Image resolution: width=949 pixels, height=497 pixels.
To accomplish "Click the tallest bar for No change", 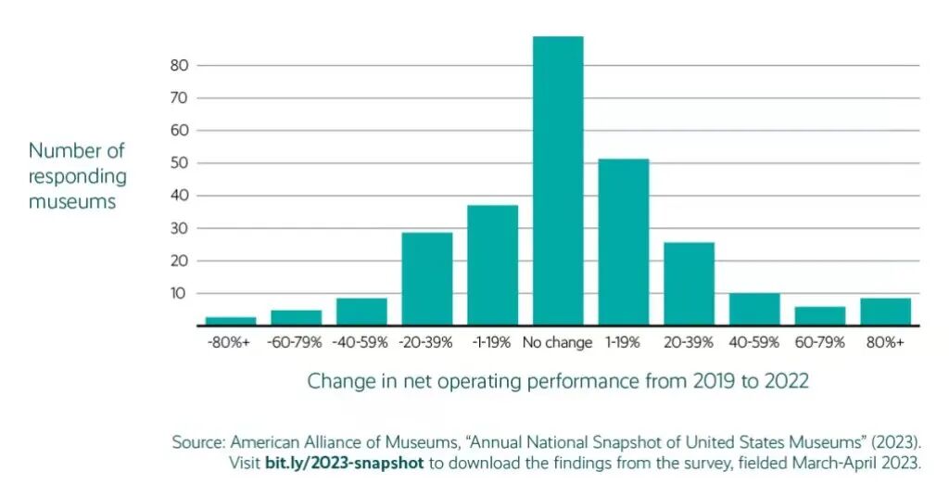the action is [558, 181].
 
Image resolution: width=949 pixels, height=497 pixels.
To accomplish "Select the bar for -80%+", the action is [231, 321].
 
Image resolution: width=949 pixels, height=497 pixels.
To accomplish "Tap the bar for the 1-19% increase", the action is [624, 242].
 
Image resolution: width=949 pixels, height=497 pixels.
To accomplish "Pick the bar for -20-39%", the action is [426, 278].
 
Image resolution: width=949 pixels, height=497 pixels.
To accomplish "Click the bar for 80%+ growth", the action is [885, 312].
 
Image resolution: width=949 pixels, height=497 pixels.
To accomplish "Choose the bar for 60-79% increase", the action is [820, 315].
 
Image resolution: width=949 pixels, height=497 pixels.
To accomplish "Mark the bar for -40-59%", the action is [361, 312].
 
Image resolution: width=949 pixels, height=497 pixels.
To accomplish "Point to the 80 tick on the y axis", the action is [180, 66].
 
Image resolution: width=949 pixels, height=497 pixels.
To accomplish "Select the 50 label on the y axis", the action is [180, 163].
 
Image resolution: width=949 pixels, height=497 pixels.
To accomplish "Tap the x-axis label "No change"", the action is [557, 343].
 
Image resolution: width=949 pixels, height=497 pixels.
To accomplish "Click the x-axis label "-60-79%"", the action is [295, 343].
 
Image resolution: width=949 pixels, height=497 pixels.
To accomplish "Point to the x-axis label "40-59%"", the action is [754, 343].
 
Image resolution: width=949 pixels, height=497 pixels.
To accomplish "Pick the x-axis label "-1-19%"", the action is [491, 343].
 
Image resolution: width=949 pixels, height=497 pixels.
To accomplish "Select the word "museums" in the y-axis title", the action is [72, 201].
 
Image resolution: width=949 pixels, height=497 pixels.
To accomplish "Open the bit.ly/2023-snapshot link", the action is [345, 464].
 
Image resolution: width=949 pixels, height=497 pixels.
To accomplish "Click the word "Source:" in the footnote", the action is [198, 442].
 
